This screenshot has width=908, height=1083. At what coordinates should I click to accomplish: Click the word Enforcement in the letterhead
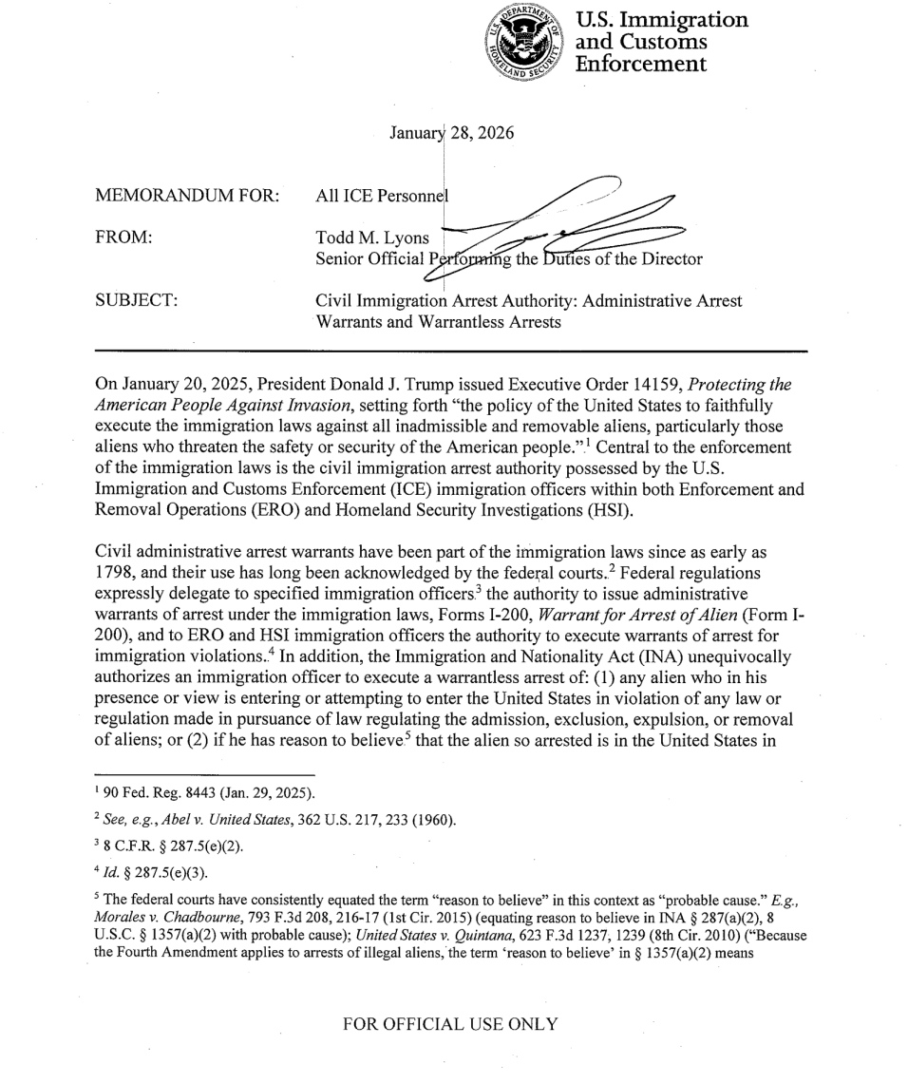tap(645, 65)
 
